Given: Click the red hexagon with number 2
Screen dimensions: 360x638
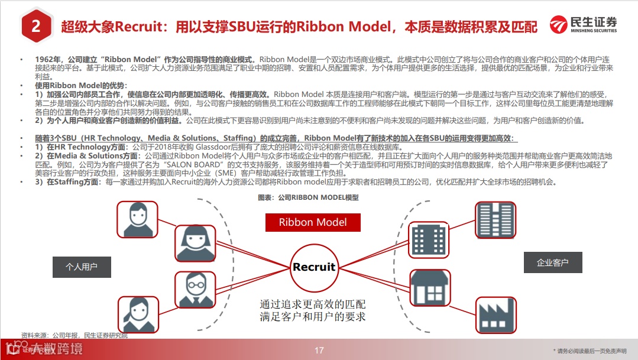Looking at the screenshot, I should pyautogui.click(x=35, y=27).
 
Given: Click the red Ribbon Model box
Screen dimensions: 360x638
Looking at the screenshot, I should pyautogui.click(x=313, y=222).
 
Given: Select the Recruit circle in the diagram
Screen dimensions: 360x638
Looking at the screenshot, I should pyautogui.click(x=314, y=267).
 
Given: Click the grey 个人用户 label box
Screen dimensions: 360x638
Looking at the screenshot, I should pyautogui.click(x=81, y=267).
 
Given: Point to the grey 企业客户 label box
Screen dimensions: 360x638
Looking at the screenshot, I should pyautogui.click(x=552, y=262).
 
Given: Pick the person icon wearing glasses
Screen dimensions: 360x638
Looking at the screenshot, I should pyautogui.click(x=196, y=290).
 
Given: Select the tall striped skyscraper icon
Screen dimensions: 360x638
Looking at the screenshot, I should pyautogui.click(x=495, y=220).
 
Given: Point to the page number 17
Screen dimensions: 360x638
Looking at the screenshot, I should pyautogui.click(x=319, y=351).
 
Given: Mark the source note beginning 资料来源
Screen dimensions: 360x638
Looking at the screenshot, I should pyautogui.click(x=74, y=335).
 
